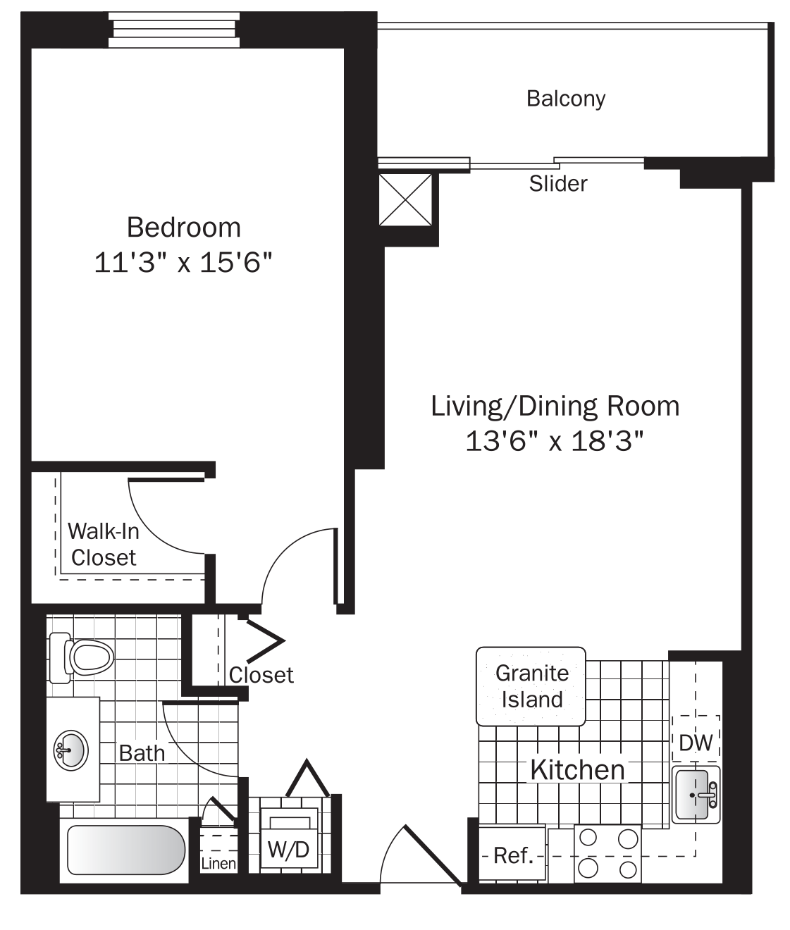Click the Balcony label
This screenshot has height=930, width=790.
pos(565,99)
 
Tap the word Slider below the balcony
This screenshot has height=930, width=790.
pos(557,184)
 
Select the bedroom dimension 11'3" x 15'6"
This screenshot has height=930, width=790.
pos(183,263)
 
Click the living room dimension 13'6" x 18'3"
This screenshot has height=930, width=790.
pos(555,442)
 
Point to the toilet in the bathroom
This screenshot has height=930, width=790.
pos(83,657)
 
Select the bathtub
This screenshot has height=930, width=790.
pos(125,850)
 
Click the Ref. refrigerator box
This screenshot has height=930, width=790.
pos(512,855)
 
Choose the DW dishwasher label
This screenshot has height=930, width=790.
pos(696,742)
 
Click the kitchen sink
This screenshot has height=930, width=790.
pos(695,795)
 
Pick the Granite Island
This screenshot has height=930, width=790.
pos(531,686)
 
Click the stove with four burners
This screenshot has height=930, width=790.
pos(607,853)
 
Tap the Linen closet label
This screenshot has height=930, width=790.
pos(218,863)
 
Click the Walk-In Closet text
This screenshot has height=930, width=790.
pos(103,544)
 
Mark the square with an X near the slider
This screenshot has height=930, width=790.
pos(405,199)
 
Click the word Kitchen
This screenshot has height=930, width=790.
pos(577,770)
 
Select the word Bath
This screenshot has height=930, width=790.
pos(142,753)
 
